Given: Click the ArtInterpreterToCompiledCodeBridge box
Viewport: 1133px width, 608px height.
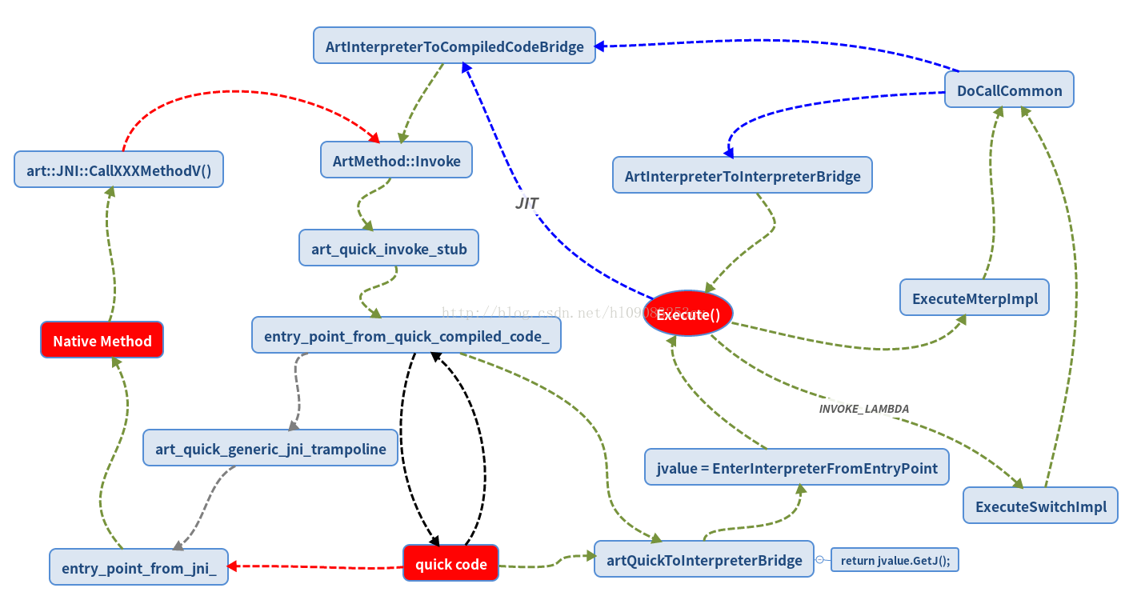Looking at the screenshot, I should pyautogui.click(x=454, y=46).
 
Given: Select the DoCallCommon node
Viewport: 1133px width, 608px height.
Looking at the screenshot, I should pyautogui.click(x=1009, y=90).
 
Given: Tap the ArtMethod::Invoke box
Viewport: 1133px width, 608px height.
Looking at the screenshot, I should pyautogui.click(x=396, y=161).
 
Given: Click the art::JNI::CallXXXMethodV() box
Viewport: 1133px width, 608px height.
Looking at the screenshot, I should pyautogui.click(x=118, y=170).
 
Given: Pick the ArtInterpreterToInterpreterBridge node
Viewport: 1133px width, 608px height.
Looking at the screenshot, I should pyautogui.click(x=742, y=175).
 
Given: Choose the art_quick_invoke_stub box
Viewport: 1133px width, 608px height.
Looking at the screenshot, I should pyautogui.click(x=389, y=248).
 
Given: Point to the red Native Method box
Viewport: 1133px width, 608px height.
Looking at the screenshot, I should pyautogui.click(x=102, y=340).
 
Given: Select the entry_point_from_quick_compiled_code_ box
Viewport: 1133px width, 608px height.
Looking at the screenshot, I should pyautogui.click(x=406, y=335).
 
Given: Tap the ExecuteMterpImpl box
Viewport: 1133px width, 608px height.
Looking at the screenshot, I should pyautogui.click(x=974, y=298).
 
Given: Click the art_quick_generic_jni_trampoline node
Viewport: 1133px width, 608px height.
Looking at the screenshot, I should pyautogui.click(x=270, y=448).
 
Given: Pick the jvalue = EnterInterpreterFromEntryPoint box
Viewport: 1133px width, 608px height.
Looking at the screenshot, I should pyautogui.click(x=796, y=467).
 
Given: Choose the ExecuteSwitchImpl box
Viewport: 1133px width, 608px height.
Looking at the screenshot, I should pyautogui.click(x=1040, y=506).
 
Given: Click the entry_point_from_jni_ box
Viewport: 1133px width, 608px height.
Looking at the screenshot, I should pyautogui.click(x=138, y=567).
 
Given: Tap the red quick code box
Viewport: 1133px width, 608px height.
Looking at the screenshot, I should pyautogui.click(x=450, y=563).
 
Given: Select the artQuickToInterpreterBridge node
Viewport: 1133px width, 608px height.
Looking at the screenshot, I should pyautogui.click(x=703, y=559).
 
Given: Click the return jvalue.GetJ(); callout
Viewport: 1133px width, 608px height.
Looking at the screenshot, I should pyautogui.click(x=895, y=560).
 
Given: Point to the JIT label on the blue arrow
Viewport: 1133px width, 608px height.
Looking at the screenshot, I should pyautogui.click(x=526, y=203).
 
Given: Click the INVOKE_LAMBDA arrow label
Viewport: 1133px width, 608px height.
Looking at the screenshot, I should pyautogui.click(x=863, y=408).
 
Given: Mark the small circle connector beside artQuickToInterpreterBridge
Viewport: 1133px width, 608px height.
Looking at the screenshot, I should pyautogui.click(x=819, y=560).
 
